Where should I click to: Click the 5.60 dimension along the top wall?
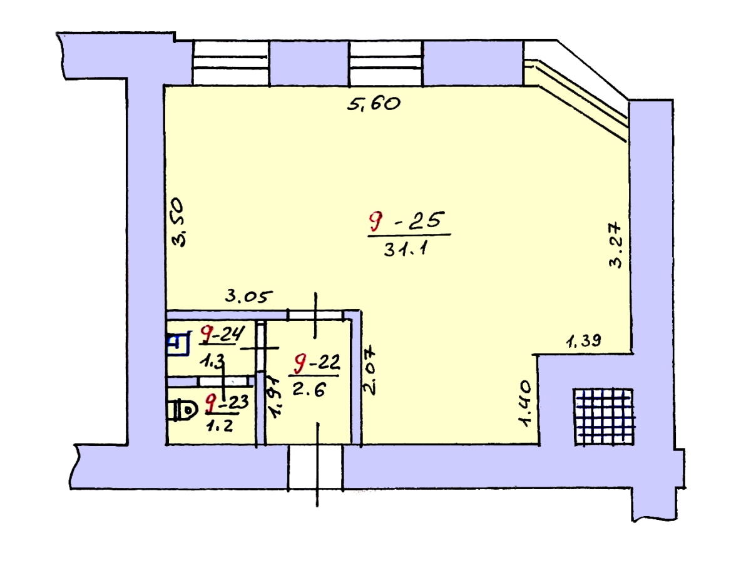[x=374, y=104]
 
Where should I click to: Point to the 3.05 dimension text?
[x=248, y=297]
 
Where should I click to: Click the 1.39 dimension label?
[x=583, y=341]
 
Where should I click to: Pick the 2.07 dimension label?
[x=369, y=372]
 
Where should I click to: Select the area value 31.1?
[x=406, y=249]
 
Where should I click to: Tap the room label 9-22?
[x=317, y=363]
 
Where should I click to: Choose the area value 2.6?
[x=309, y=389]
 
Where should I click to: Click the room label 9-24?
[x=223, y=333]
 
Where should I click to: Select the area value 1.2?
[x=219, y=426]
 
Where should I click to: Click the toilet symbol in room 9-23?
[x=183, y=410]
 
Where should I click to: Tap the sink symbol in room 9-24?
[x=178, y=343]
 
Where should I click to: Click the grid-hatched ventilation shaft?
[x=604, y=417]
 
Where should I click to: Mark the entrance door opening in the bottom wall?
[x=315, y=467]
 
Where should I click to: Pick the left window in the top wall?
[x=230, y=63]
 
